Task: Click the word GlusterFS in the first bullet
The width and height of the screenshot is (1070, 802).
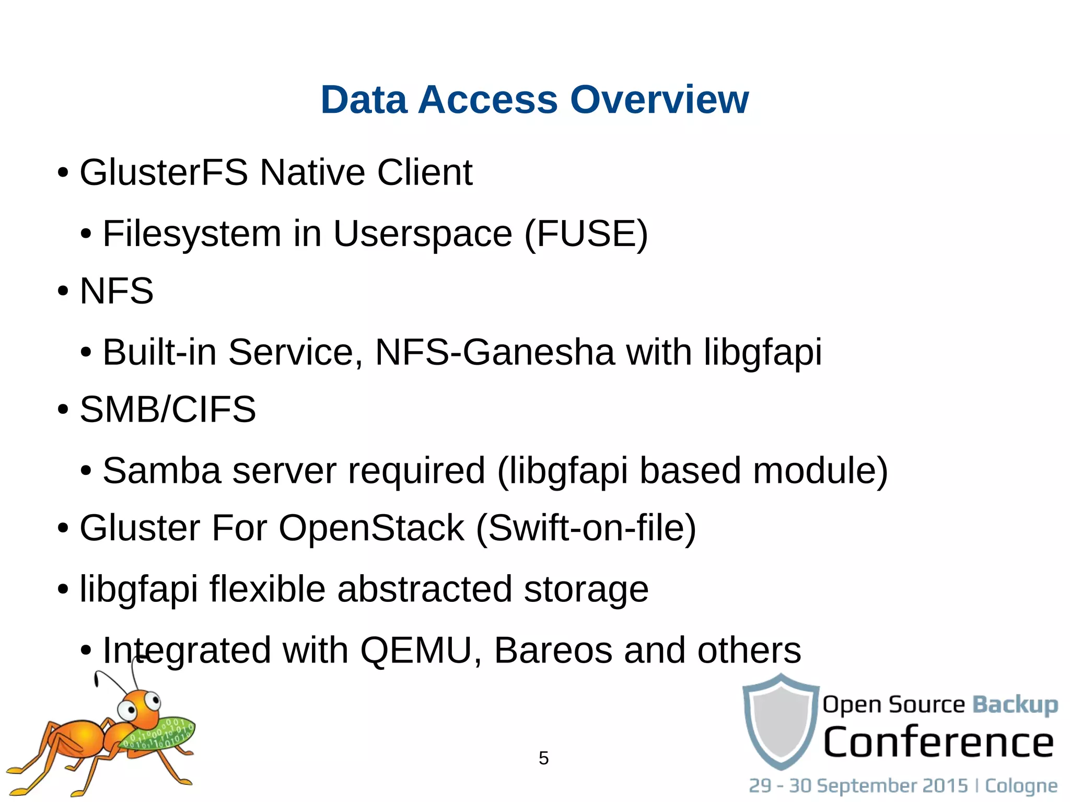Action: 164,172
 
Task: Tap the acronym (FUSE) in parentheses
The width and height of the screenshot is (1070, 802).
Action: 586,234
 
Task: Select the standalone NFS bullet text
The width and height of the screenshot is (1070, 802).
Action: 117,291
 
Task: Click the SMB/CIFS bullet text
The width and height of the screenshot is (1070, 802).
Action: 168,409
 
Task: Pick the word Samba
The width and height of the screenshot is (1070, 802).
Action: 162,471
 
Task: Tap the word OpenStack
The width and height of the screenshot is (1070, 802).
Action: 371,528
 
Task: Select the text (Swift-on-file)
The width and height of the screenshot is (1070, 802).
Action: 586,528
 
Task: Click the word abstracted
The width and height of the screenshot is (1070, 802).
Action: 424,589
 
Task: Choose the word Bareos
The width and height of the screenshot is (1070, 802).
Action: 553,650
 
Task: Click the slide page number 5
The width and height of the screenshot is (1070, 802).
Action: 543,758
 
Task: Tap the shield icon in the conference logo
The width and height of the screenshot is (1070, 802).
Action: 781,721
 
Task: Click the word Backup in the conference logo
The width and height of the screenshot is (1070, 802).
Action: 1015,704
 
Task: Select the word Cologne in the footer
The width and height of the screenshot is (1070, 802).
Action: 1021,786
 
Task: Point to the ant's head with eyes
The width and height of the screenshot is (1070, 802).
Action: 138,706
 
